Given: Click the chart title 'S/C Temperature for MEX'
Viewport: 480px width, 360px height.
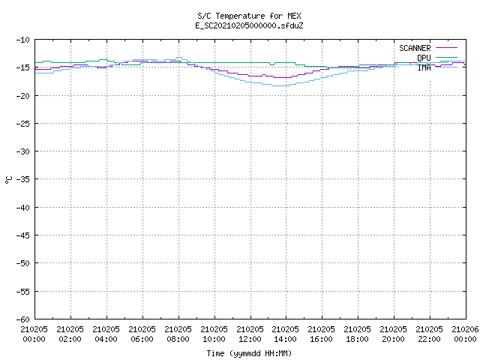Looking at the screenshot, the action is [x=249, y=16].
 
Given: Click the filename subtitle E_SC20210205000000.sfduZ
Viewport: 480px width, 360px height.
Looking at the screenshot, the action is [x=249, y=25].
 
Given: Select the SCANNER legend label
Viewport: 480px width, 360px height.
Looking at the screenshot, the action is [x=415, y=48].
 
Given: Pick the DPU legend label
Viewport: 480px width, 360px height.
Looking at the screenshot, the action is [x=424, y=58].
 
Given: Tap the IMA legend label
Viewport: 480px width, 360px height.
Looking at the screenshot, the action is [x=424, y=67].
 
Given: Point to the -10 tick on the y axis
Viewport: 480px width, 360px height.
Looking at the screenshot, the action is [x=23, y=40].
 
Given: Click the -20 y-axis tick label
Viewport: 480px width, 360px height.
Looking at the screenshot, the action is [x=23, y=96].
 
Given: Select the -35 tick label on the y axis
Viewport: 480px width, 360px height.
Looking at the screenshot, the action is [x=23, y=179].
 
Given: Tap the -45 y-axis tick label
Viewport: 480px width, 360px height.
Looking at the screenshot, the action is [x=23, y=235].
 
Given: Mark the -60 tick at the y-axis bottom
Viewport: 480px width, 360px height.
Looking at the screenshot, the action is [x=23, y=319].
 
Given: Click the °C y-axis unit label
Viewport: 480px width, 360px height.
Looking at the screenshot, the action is [x=8, y=180].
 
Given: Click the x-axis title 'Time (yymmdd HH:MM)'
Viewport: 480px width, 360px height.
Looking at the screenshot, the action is [x=249, y=353].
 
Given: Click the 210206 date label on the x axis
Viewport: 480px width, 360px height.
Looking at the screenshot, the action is [x=465, y=329].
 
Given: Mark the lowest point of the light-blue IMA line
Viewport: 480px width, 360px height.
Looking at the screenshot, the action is [x=280, y=86].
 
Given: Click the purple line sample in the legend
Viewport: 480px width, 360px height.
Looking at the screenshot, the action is [x=446, y=48].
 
